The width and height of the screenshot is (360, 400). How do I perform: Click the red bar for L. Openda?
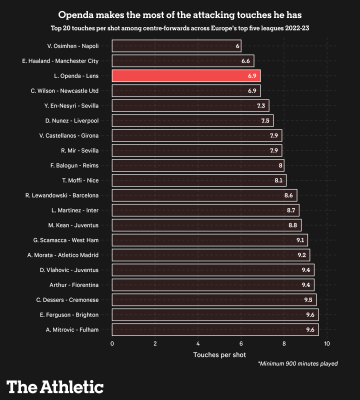tap(186, 75)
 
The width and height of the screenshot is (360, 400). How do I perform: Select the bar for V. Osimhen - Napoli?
tap(176, 46)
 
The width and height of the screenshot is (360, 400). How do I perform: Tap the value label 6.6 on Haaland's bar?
tap(245, 61)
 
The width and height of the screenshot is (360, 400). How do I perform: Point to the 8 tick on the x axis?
tap(284, 344)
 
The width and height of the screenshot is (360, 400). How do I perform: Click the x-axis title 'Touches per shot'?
tap(219, 354)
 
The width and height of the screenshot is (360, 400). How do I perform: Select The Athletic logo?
tap(55, 386)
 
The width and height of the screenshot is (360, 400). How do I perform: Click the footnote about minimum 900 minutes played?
tap(297, 363)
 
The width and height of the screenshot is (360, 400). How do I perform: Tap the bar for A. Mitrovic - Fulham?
tap(215, 329)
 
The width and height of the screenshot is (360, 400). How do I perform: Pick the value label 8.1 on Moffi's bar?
tap(278, 180)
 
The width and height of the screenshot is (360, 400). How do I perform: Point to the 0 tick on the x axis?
tap(112, 344)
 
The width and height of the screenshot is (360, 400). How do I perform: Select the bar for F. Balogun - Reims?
tap(198, 165)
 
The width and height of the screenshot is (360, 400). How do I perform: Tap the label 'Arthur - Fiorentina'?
tap(74, 285)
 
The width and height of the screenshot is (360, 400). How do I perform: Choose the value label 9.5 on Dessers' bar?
tap(308, 300)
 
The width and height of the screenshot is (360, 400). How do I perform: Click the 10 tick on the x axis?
tap(327, 344)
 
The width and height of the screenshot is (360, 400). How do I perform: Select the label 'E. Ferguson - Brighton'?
tap(69, 315)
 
